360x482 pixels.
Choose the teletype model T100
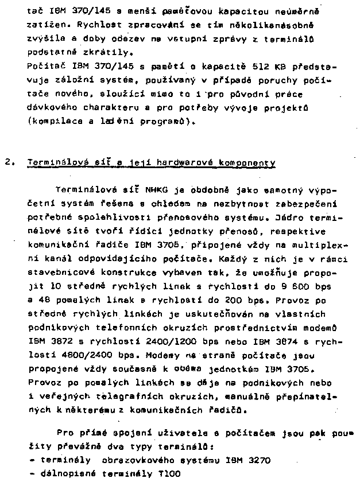pyautogui.click(x=165, y=474)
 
